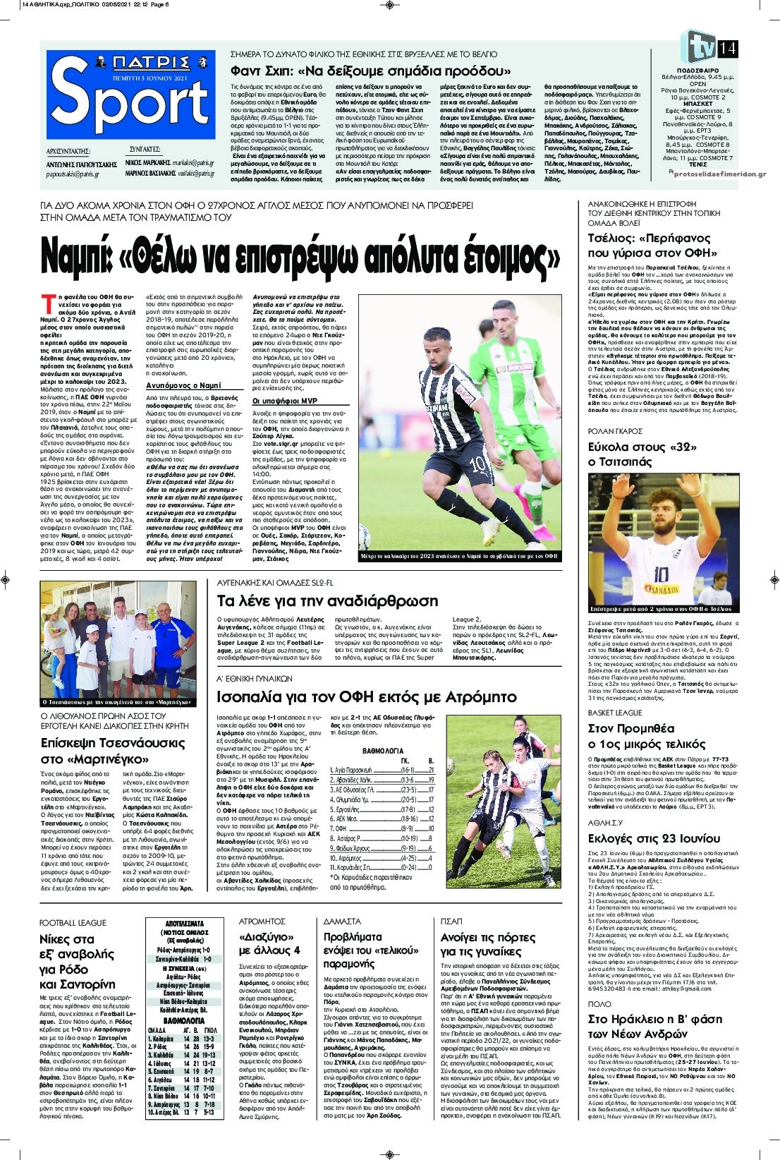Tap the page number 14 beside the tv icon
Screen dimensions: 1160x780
[727, 49]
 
